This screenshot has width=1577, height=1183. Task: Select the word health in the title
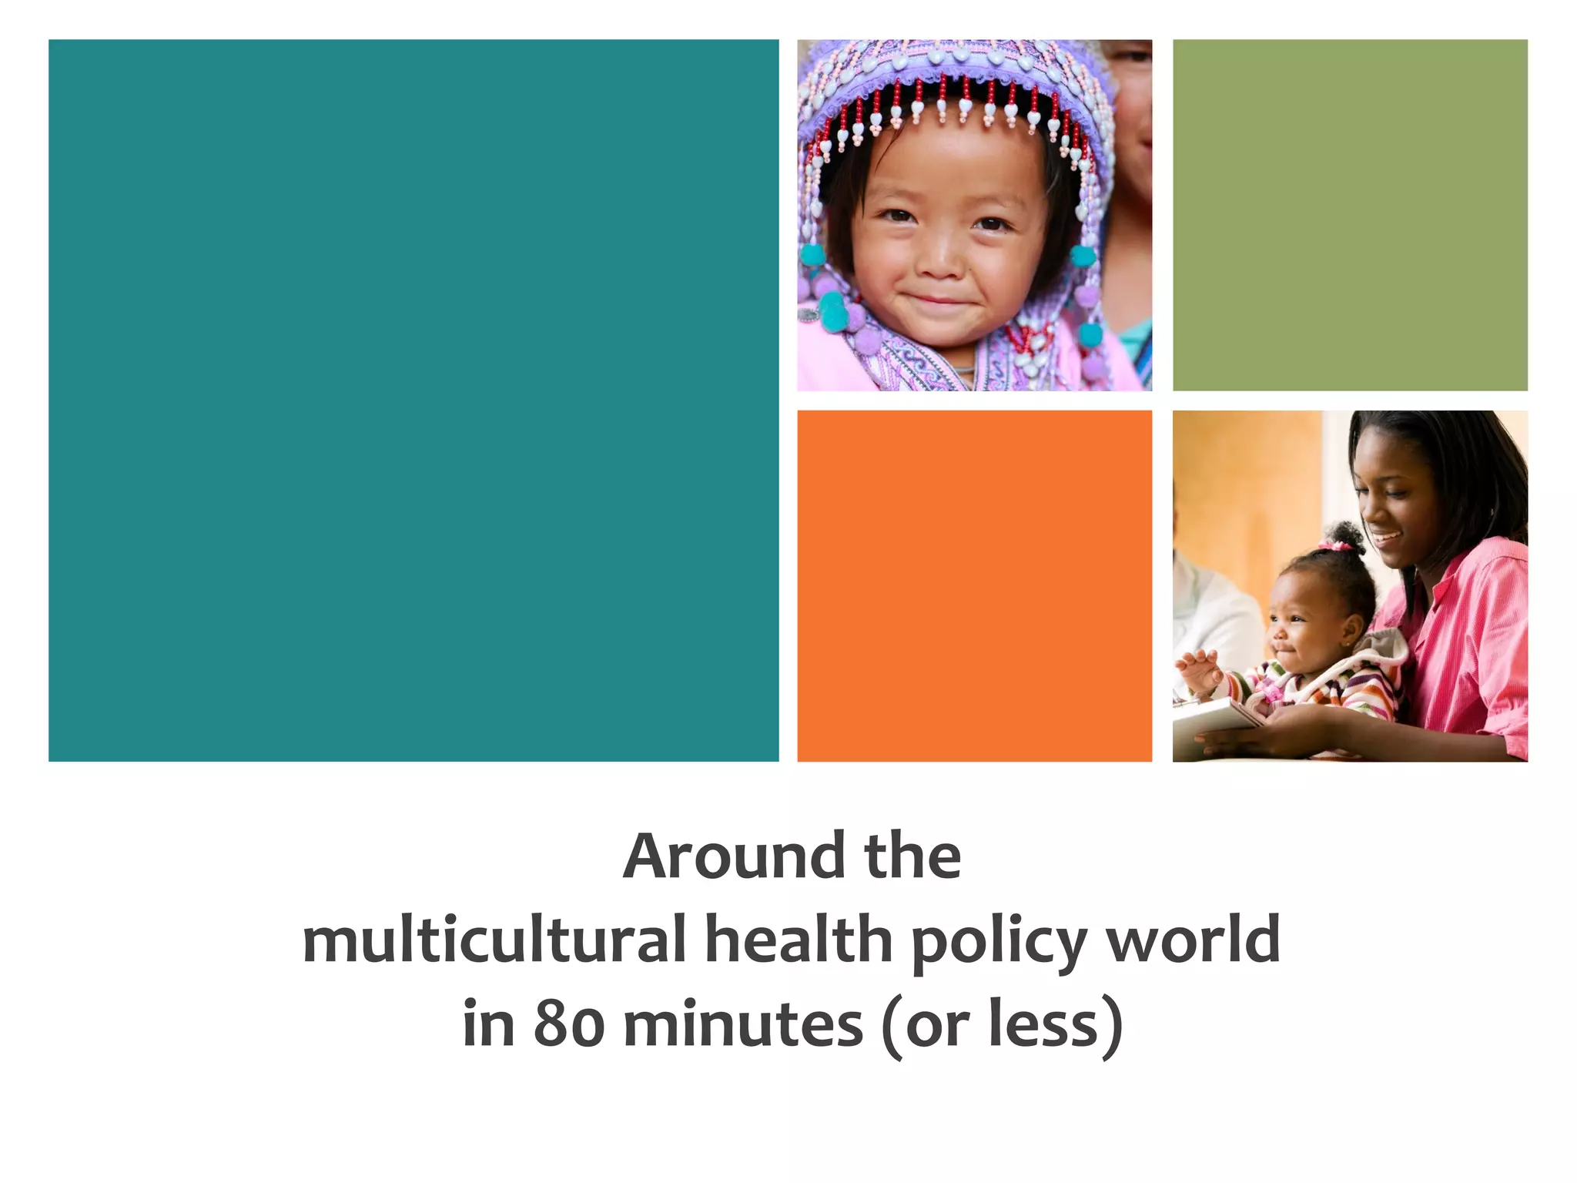point(799,940)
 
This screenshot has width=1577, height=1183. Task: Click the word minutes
point(743,1024)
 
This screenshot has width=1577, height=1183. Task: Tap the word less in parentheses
point(1043,1024)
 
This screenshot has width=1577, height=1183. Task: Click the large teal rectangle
point(414,400)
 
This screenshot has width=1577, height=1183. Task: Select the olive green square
point(1350,216)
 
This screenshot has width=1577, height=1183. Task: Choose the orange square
point(974,586)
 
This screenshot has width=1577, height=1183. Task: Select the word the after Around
point(912,856)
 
